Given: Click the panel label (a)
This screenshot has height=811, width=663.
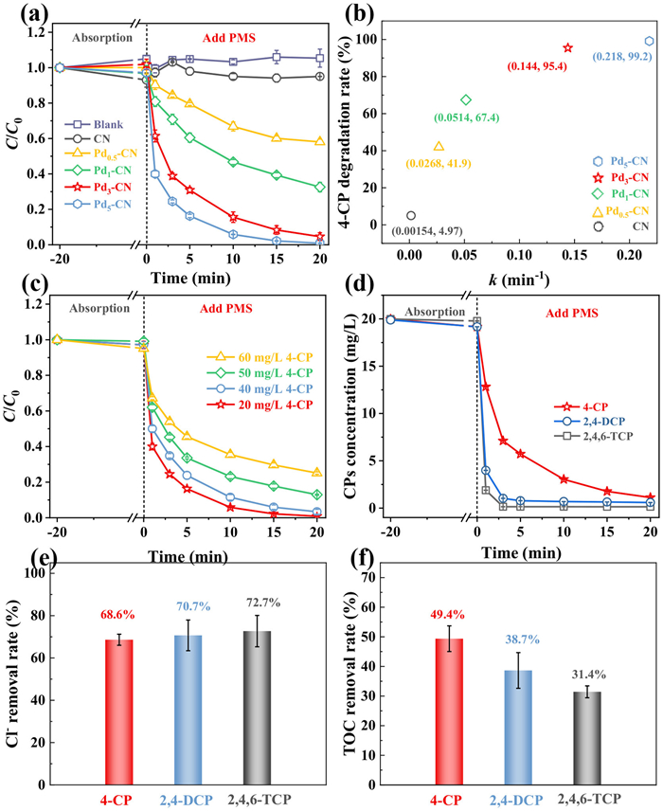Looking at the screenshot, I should click(x=22, y=13).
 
